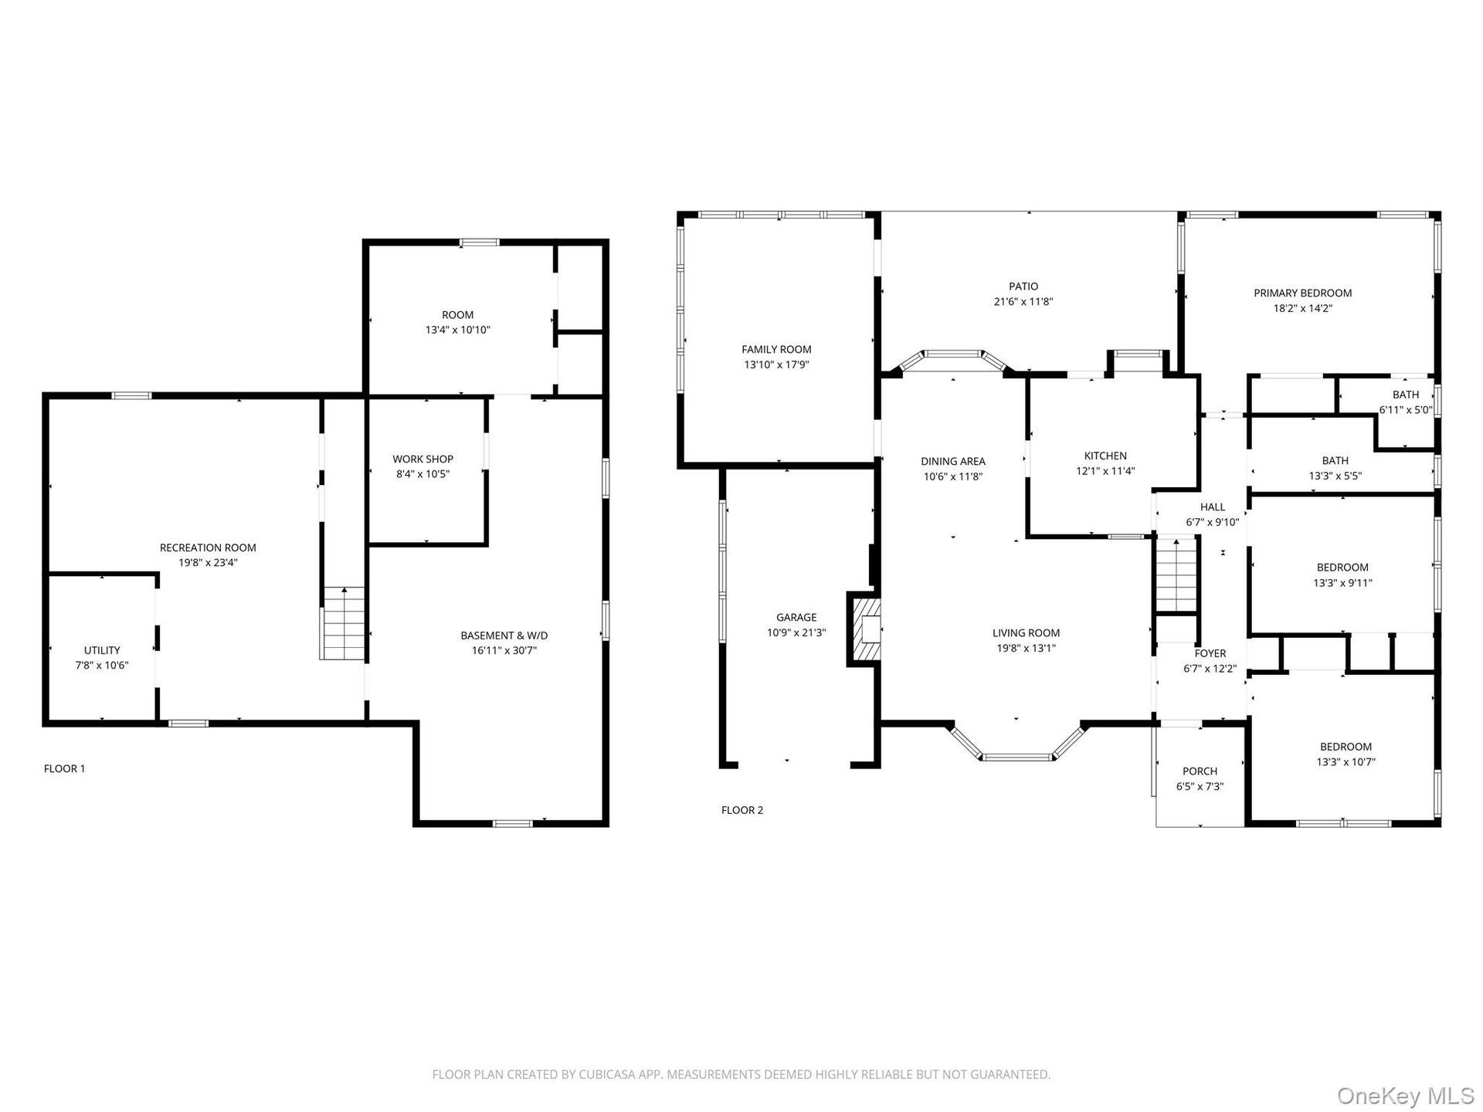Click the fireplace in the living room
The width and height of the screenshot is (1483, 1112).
click(x=864, y=629)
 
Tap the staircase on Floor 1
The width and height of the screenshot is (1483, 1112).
click(x=343, y=623)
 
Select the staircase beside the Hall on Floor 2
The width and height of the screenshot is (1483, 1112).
click(x=1176, y=576)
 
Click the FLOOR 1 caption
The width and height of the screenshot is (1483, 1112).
click(x=65, y=768)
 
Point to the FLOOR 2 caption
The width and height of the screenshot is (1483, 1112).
click(x=742, y=810)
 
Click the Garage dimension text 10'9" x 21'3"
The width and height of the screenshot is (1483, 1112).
click(x=796, y=632)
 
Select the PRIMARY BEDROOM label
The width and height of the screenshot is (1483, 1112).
click(x=1302, y=293)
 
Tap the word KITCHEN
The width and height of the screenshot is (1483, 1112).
click(x=1105, y=456)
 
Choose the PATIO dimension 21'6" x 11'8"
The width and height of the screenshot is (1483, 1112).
click(x=1023, y=302)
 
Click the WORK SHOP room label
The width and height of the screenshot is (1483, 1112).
click(x=423, y=459)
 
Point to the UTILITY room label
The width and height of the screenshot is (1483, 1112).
click(x=102, y=650)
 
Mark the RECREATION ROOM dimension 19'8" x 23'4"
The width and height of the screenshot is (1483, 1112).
click(x=208, y=563)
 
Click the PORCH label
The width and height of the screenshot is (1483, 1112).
click(x=1200, y=771)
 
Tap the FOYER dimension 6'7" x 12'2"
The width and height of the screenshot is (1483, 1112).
click(x=1210, y=669)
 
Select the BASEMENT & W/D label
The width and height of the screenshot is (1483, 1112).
click(x=504, y=636)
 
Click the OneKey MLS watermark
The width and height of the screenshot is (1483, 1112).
click(x=1405, y=1096)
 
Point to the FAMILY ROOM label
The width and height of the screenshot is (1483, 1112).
click(x=776, y=350)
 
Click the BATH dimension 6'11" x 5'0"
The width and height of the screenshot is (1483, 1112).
click(x=1406, y=410)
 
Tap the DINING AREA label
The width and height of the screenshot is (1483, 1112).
click(x=953, y=462)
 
